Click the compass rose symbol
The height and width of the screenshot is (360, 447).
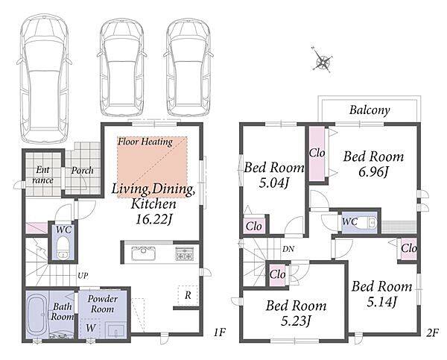click(322, 60)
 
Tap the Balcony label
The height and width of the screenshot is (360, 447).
click(370, 110)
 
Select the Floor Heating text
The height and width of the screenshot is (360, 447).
click(145, 142)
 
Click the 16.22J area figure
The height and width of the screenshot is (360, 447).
click(154, 219)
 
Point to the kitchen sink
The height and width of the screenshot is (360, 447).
click(143, 253)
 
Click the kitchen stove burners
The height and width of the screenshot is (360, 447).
click(185, 253)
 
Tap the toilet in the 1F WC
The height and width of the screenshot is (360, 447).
click(62, 248)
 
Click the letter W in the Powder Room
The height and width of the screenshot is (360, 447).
click(91, 328)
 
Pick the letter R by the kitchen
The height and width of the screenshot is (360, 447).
click(188, 295)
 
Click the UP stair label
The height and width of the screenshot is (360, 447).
click(83, 276)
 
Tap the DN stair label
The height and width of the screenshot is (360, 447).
click(288, 249)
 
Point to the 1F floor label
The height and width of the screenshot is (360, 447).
click(220, 332)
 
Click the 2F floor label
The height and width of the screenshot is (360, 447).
click(432, 333)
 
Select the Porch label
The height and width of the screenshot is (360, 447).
click(82, 171)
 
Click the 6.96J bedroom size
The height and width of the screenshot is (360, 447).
click(373, 171)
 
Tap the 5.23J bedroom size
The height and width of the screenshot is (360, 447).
click(296, 320)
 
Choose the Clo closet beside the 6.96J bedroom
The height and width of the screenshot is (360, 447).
click(317, 154)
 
